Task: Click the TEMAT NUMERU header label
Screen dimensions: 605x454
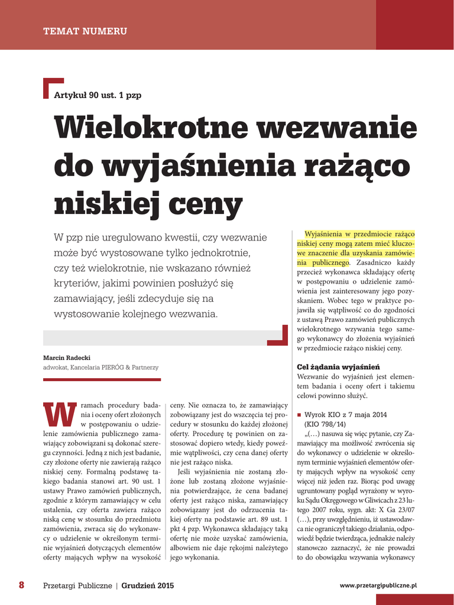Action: tap(85, 31)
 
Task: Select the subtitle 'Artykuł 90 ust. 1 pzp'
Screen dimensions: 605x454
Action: tap(98, 95)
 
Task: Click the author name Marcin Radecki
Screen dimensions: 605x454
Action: tap(66, 357)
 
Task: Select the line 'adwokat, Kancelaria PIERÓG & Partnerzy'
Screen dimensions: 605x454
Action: tap(100, 367)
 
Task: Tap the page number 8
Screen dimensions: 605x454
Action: tap(21, 585)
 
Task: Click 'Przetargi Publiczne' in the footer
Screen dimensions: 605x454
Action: tap(77, 586)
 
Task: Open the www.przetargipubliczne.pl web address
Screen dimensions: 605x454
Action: tap(378, 585)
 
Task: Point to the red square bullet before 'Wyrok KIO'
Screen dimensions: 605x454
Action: tap(299, 415)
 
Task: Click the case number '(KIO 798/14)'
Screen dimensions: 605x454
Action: tap(325, 424)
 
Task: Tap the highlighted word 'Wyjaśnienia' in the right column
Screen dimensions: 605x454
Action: tap(325, 234)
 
